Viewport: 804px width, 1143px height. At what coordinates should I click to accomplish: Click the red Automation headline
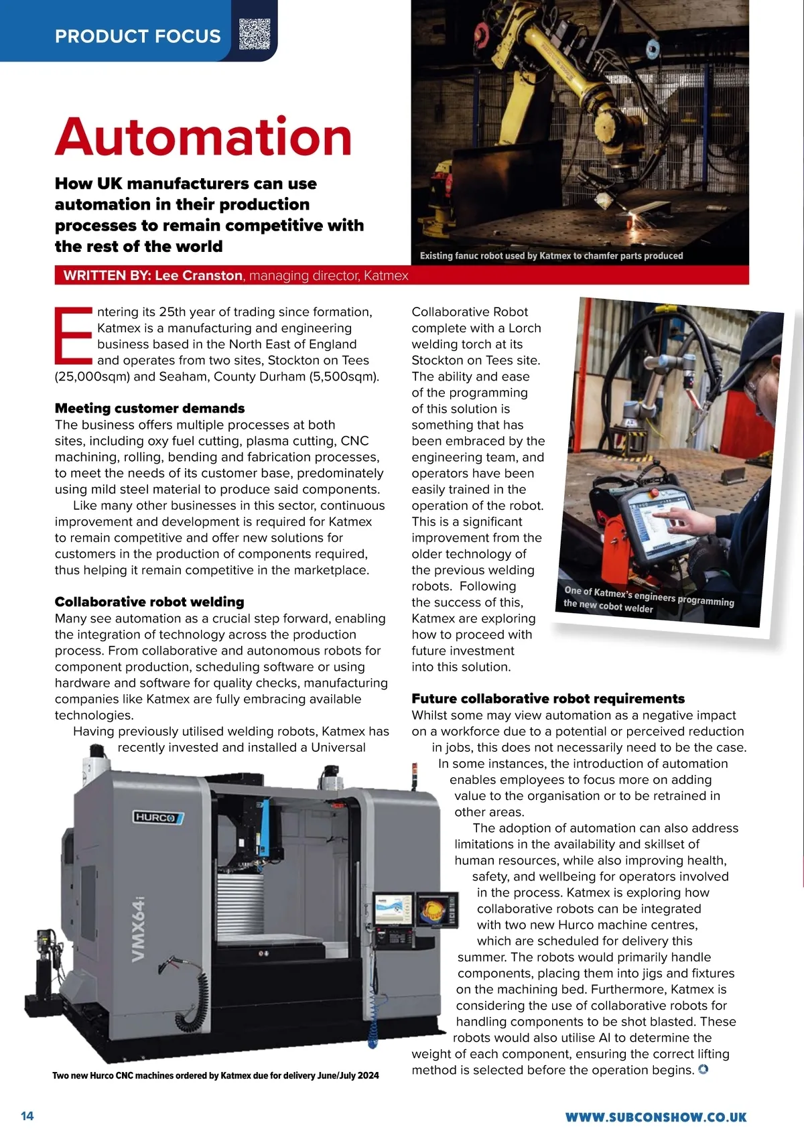[x=204, y=137]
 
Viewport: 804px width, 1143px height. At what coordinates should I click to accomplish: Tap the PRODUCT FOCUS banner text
[x=137, y=36]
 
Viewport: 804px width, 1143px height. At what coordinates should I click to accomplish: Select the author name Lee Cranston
[x=198, y=275]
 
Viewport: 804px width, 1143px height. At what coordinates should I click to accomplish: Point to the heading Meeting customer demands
[x=149, y=409]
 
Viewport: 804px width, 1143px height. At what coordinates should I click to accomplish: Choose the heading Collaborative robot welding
[x=149, y=602]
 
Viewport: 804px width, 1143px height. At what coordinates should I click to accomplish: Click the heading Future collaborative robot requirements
[x=548, y=699]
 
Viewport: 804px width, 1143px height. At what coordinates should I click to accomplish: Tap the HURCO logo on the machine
[x=158, y=817]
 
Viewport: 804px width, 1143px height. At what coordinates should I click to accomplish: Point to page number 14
[x=27, y=1116]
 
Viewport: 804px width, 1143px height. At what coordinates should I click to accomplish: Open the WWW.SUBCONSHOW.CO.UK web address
[x=656, y=1117]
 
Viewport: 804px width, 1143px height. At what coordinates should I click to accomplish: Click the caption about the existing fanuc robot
[x=551, y=256]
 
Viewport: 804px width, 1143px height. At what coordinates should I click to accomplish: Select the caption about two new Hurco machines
[x=215, y=1075]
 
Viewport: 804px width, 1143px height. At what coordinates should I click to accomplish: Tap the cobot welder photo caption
[x=649, y=599]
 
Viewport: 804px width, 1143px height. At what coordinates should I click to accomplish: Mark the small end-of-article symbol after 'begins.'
[x=703, y=1069]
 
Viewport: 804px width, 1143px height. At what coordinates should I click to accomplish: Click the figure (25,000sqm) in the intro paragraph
[x=92, y=377]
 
